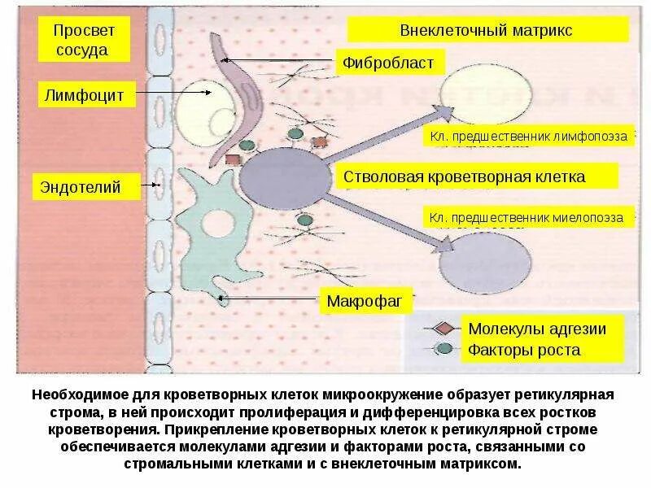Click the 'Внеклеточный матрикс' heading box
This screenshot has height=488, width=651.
487,30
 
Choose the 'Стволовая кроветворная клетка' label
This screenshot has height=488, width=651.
475,176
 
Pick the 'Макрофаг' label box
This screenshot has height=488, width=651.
365,302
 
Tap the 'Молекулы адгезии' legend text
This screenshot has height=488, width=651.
537,329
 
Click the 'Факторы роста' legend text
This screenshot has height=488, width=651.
524,351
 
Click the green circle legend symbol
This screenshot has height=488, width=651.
443,349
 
